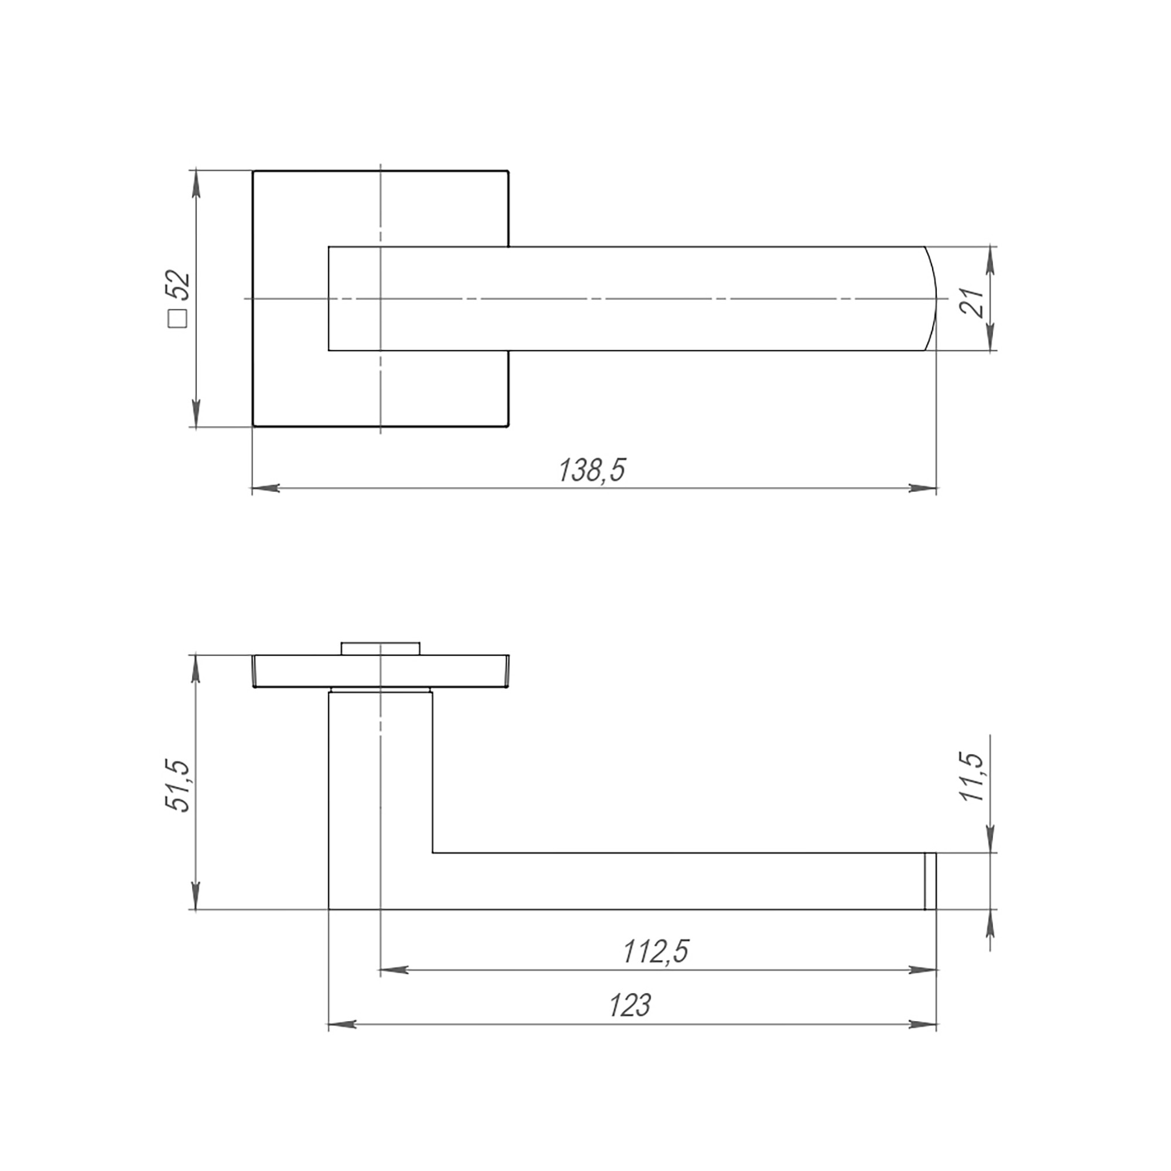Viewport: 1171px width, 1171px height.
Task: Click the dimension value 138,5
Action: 591,470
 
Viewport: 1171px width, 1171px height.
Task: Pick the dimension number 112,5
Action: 656,951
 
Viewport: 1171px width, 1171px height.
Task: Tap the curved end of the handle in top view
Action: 931,298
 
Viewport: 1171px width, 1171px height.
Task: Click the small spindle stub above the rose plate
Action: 380,648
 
